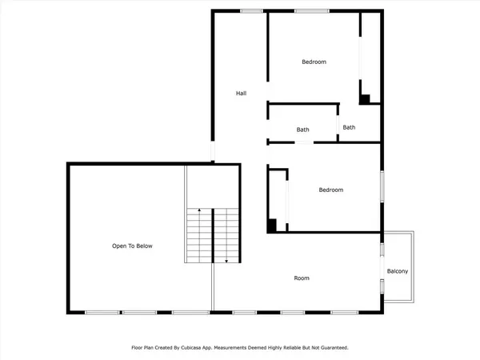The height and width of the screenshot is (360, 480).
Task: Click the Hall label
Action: coord(240,94)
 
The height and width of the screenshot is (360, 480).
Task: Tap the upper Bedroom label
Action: coord(314,62)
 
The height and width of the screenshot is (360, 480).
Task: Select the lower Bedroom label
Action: coord(330,190)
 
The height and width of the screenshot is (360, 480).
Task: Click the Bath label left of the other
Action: coord(302,130)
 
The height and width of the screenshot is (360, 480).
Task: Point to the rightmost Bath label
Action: coord(349,127)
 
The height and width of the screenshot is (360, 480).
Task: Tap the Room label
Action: coord(301,278)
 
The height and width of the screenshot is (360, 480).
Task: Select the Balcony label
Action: coord(398,272)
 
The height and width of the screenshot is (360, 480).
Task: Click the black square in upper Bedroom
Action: coord(364,99)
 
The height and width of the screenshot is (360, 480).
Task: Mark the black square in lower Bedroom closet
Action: coord(272,226)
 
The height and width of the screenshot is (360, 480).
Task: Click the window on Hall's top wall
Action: coord(252,10)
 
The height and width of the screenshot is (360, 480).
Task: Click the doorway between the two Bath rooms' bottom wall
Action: coord(304,142)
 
